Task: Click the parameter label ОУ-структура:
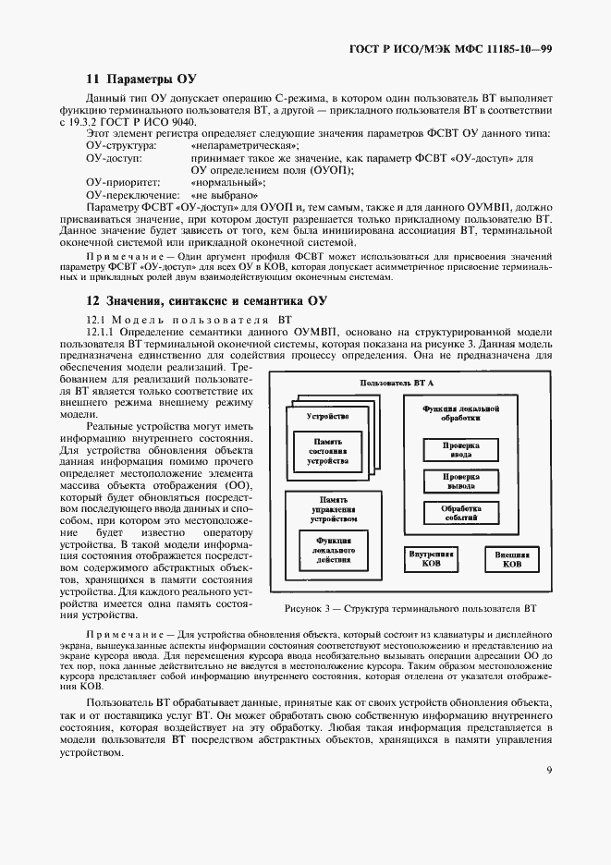(121, 146)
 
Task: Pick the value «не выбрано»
(223, 196)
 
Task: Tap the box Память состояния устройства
(330, 451)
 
